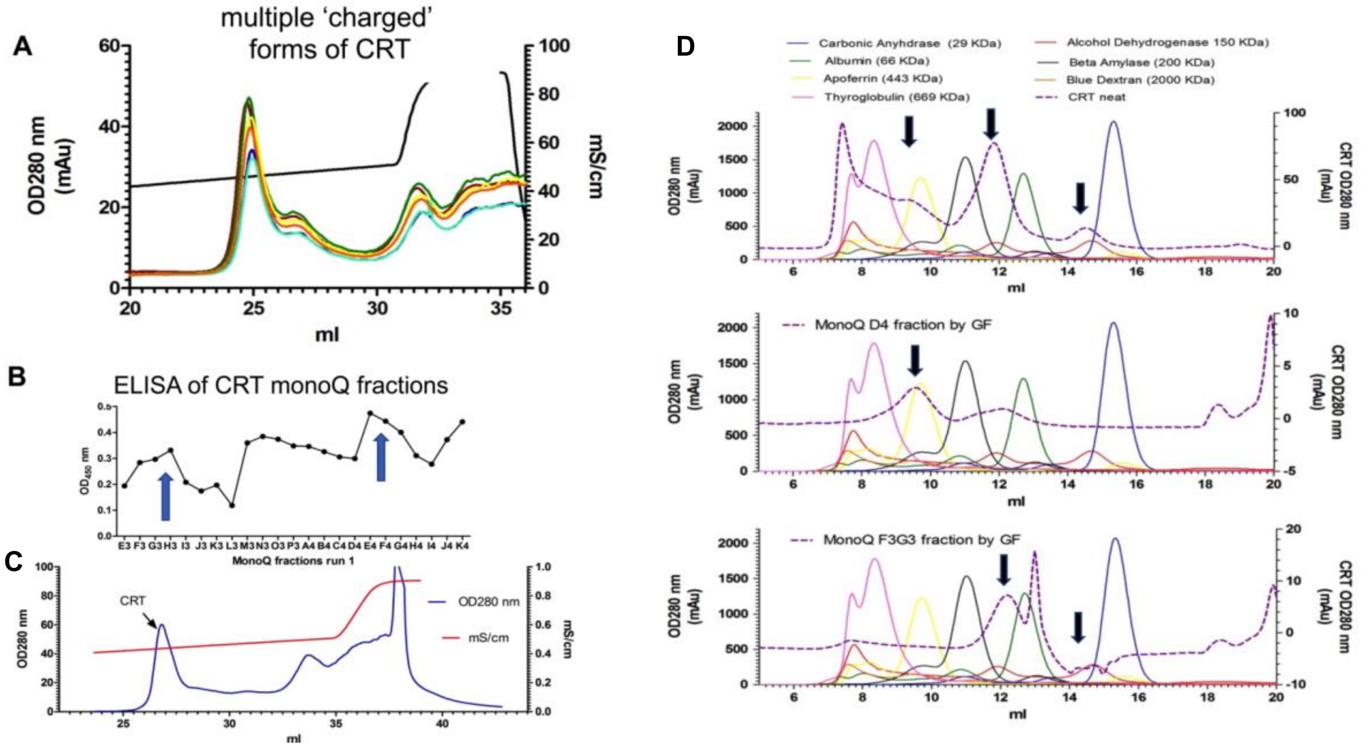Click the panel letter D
pos(686,46)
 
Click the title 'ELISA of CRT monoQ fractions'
pos(281,386)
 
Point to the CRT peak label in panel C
pos(132,601)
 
